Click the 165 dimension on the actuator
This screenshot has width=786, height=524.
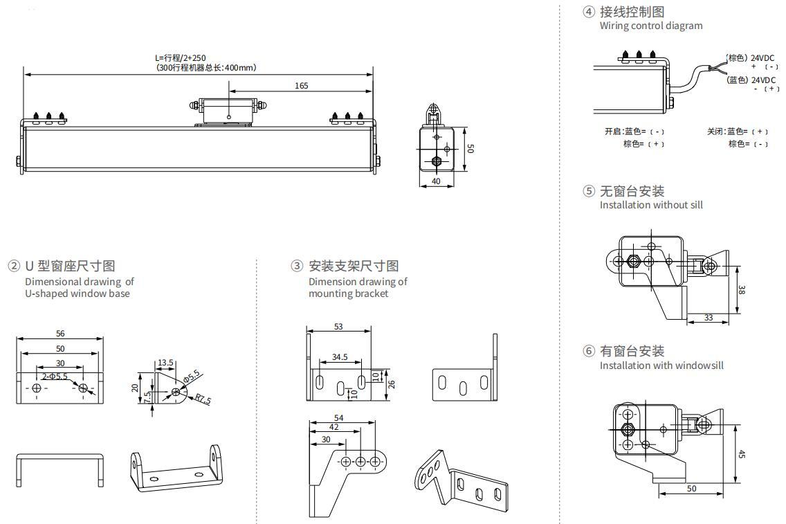(301, 86)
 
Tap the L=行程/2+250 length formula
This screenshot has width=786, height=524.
(180, 58)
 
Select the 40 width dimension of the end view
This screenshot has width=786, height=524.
(436, 181)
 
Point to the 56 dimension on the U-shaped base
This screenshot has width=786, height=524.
(60, 334)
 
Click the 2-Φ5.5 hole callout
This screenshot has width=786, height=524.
(55, 377)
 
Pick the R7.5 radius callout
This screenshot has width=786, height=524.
(202, 399)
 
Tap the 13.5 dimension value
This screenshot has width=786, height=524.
(165, 362)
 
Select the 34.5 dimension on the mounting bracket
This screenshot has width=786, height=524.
(340, 357)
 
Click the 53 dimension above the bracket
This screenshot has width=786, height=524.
(338, 326)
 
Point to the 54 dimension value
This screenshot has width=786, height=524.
(339, 418)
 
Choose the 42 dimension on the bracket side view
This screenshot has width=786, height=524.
(334, 428)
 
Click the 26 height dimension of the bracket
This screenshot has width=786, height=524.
(391, 384)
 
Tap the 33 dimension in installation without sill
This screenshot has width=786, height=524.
(709, 318)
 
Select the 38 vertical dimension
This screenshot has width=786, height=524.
(741, 291)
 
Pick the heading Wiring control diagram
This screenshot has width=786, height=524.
(650, 26)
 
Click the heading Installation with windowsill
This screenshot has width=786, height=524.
(661, 365)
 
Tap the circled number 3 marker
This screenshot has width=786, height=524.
(297, 266)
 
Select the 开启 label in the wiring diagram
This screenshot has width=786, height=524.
(613, 131)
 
